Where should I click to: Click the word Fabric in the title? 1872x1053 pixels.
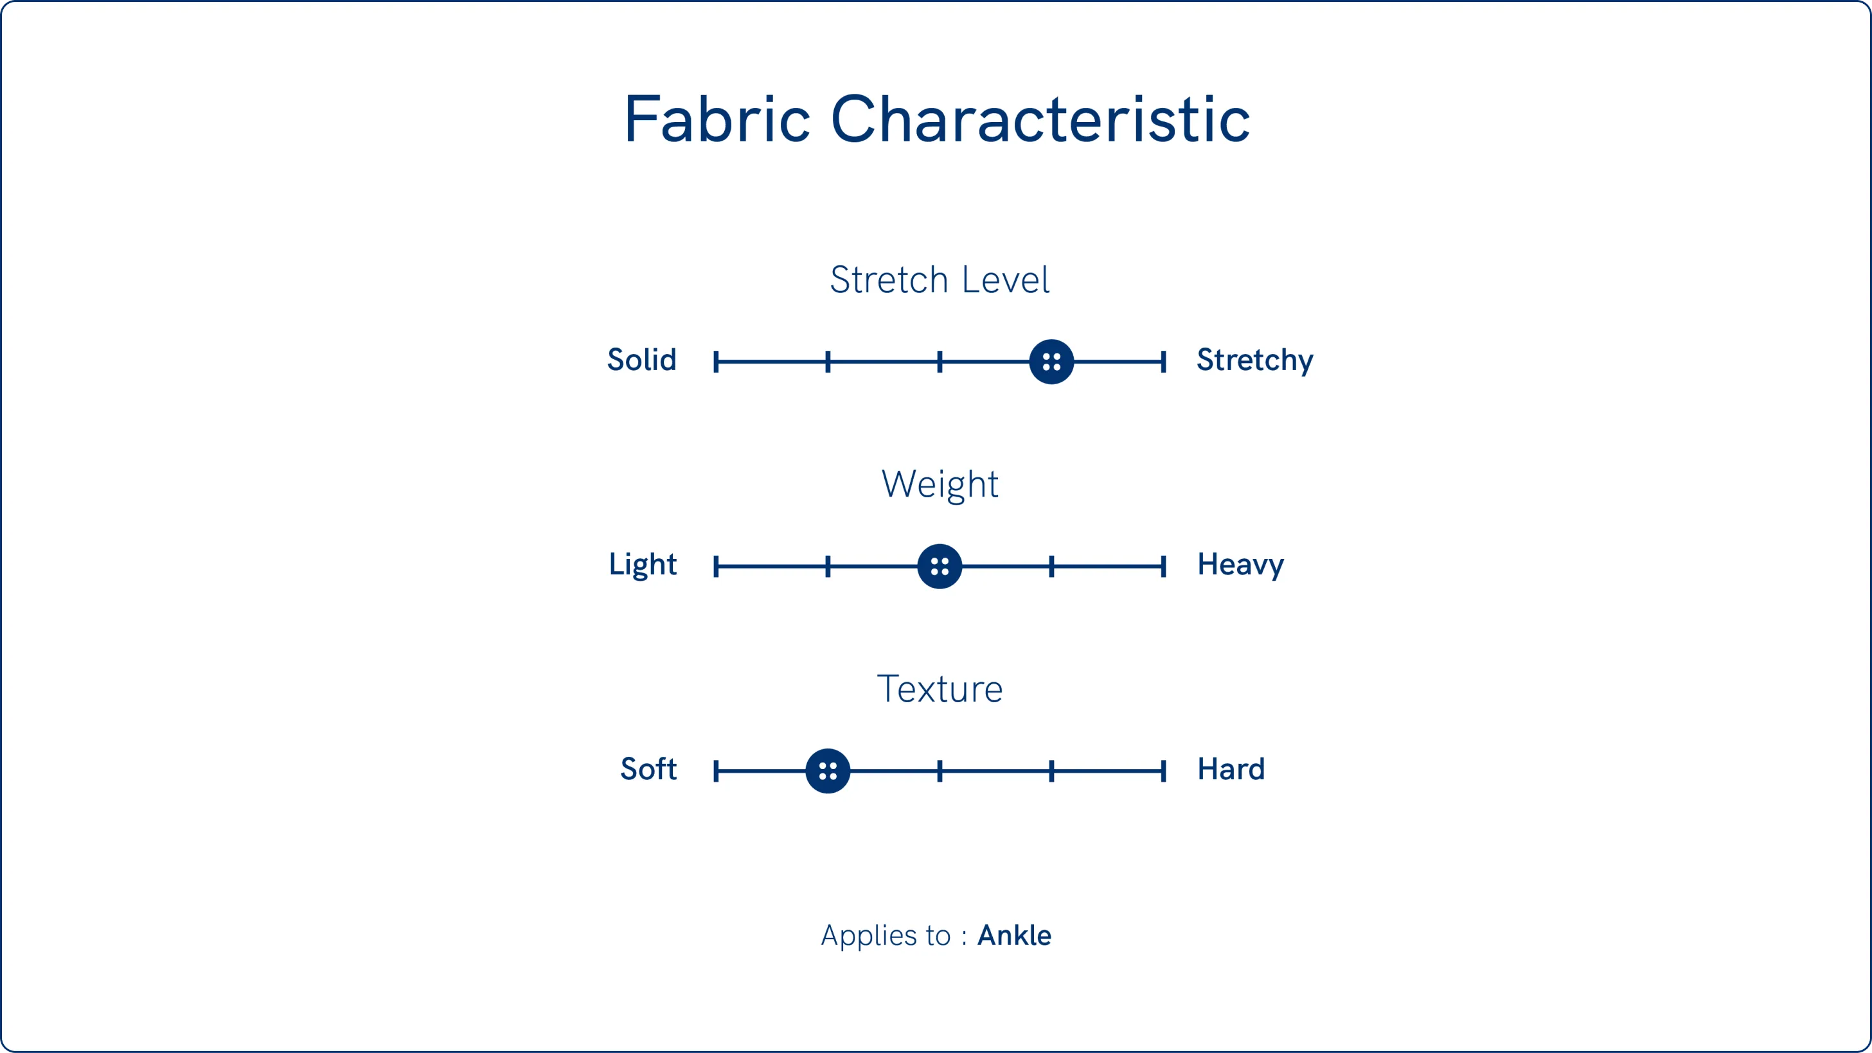[717, 119]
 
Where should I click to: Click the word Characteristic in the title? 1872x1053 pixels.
[1040, 119]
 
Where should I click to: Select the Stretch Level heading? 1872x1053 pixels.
[940, 279]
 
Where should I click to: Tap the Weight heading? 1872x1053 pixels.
[940, 484]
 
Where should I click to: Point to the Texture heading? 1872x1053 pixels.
[940, 689]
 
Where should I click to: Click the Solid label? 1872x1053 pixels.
[642, 360]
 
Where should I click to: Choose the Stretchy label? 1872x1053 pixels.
[1255, 361]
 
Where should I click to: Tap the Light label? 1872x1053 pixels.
[643, 565]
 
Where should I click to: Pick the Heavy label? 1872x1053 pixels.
[1240, 565]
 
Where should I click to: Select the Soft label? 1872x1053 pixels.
[648, 769]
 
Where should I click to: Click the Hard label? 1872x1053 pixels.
[1231, 769]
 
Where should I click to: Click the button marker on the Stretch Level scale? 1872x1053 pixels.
[1051, 362]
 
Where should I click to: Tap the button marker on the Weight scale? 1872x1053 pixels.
[940, 566]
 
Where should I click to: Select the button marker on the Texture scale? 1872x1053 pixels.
[828, 771]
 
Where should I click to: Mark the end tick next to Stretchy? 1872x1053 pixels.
[1163, 362]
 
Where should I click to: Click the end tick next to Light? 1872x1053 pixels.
[717, 566]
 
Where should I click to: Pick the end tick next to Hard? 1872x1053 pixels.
[1163, 771]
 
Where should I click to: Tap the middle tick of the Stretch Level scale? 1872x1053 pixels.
[940, 362]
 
